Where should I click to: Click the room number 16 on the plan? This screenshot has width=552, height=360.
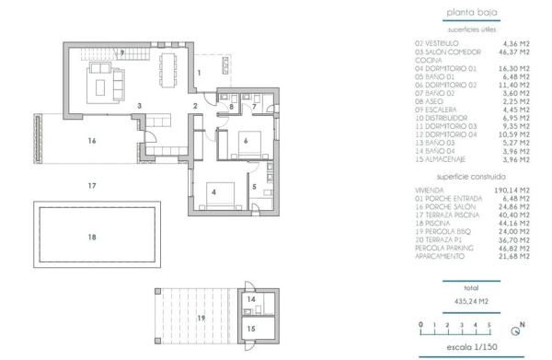[91, 141]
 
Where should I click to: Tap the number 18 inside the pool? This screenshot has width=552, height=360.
[91, 237]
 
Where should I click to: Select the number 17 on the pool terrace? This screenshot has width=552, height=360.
[91, 185]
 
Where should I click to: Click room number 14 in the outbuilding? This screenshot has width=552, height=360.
[250, 299]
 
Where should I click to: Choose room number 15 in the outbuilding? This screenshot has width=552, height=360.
[250, 328]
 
